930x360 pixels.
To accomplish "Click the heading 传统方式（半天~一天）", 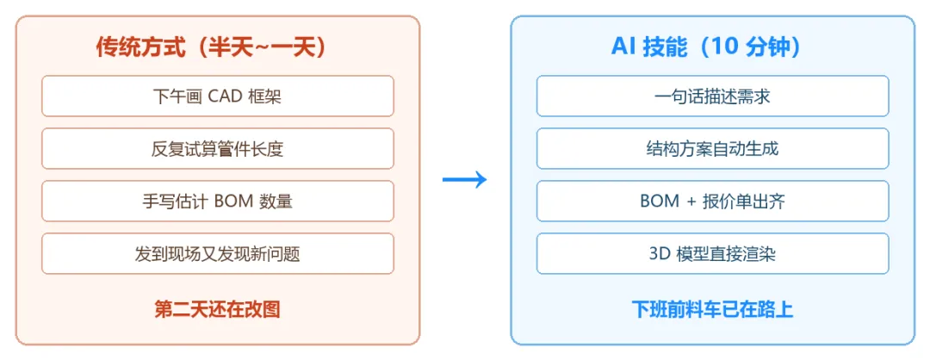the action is click(211, 47).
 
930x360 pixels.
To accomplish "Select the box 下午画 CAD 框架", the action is click(218, 96).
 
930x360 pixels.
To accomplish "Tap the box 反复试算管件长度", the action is click(218, 148).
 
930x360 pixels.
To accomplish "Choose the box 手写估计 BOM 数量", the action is click(218, 201).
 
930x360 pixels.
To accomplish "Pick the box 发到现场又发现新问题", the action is click(218, 254).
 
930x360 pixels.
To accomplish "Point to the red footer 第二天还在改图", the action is click(217, 309).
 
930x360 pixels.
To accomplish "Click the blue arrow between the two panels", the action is click(464, 180).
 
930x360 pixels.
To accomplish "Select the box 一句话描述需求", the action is click(713, 96).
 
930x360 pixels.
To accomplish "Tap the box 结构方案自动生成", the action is click(713, 148).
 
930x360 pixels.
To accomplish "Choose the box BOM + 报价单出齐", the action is click(713, 201).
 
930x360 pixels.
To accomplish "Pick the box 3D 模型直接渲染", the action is click(713, 254).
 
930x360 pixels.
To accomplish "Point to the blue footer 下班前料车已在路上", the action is click(712, 309).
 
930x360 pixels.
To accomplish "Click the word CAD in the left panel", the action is click(222, 96).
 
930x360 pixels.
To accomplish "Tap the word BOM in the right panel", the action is click(660, 202).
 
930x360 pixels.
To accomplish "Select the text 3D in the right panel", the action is click(660, 254).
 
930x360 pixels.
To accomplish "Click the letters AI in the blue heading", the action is click(623, 48).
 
